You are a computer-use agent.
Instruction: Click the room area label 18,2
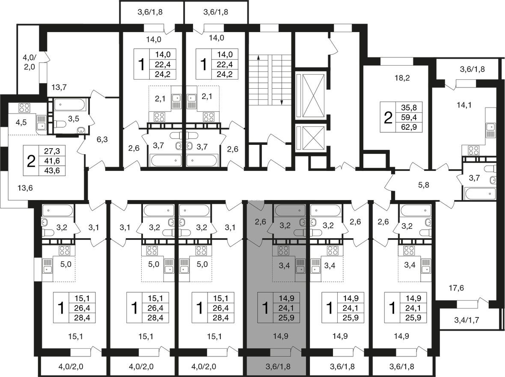coord(402,78)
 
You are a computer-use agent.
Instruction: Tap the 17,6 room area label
coord(456,288)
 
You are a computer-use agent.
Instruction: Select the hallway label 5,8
coord(424,185)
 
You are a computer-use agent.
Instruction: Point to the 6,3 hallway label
coord(102,140)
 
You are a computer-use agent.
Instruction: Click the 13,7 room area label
coord(59,87)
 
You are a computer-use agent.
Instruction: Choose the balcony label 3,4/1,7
coord(466,320)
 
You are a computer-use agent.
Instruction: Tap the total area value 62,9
coord(409,127)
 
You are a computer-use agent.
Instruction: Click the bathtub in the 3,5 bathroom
coord(70,105)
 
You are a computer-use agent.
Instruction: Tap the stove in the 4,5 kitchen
coord(24,108)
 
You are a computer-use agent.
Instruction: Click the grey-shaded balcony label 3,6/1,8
coord(278,367)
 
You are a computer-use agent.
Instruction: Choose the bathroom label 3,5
coord(74,119)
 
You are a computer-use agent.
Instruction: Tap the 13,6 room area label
coord(25,188)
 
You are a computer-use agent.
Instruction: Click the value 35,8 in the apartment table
coord(409,108)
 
